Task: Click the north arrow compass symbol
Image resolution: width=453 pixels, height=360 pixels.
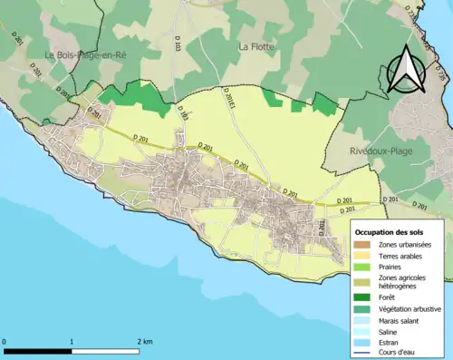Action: [403, 67]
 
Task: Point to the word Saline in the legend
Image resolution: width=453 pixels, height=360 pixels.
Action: [388, 332]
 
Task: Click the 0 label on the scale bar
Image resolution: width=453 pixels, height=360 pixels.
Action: [5, 341]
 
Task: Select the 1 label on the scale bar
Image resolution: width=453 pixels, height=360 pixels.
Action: [72, 341]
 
